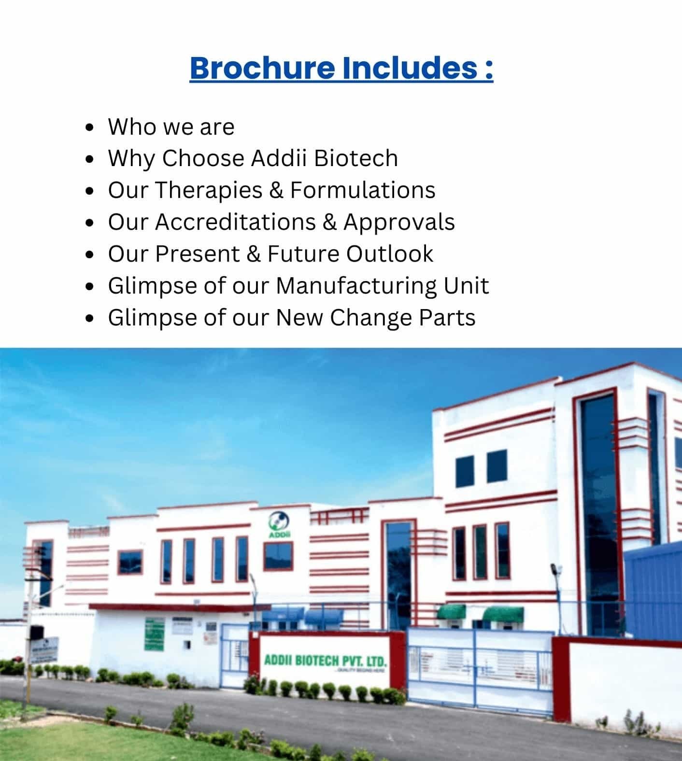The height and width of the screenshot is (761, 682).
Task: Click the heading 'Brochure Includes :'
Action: pos(341,68)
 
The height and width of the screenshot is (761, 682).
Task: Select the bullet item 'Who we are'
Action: pos(171,127)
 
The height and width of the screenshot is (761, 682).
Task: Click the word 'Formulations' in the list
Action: pos(362,190)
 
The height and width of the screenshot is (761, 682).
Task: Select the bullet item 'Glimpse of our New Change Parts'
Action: pos(291,318)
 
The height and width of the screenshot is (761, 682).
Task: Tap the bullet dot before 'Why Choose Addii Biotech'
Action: pos(88,159)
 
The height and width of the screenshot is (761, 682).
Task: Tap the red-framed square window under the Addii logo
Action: pos(278,556)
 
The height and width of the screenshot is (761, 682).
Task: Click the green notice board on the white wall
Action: pos(155,633)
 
